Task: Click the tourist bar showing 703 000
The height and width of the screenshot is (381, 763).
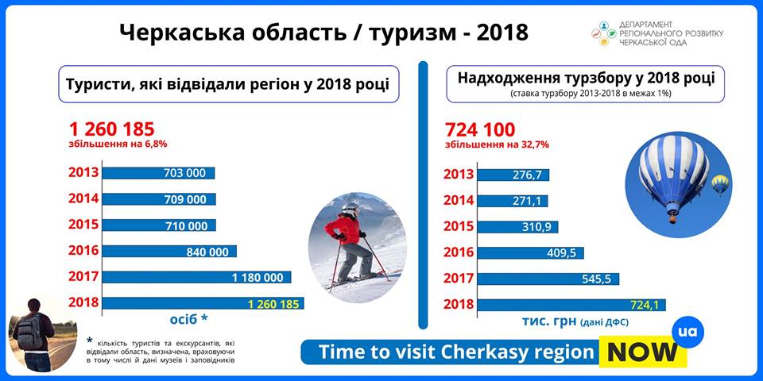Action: click(x=158, y=173)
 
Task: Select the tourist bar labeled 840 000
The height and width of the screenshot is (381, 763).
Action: click(x=169, y=252)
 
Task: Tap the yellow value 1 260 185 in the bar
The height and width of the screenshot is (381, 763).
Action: click(x=273, y=304)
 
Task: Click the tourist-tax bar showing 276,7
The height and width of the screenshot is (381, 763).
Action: click(x=513, y=175)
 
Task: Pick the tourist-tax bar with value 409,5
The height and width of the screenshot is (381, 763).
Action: click(x=530, y=253)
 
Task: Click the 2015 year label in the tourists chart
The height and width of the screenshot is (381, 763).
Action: click(x=83, y=225)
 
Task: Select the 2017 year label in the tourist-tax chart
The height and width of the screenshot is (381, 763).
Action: click(x=459, y=279)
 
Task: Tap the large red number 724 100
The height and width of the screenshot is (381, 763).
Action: click(x=480, y=129)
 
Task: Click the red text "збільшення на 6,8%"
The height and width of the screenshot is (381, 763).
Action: click(x=118, y=144)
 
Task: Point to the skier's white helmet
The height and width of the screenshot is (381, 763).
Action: click(x=350, y=209)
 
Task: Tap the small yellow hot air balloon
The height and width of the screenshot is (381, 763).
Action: click(x=720, y=184)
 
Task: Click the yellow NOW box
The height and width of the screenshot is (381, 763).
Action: click(x=643, y=352)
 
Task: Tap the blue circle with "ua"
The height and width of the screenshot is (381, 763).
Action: click(x=687, y=332)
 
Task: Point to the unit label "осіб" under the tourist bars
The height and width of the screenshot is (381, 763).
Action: click(x=184, y=319)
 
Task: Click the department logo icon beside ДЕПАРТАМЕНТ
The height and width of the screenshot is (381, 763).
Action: click(x=603, y=33)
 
